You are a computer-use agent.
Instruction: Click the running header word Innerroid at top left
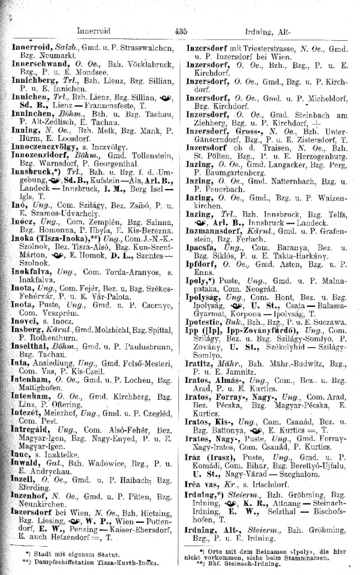(x=97, y=31)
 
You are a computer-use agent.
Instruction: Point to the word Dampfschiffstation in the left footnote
(x=64, y=563)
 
